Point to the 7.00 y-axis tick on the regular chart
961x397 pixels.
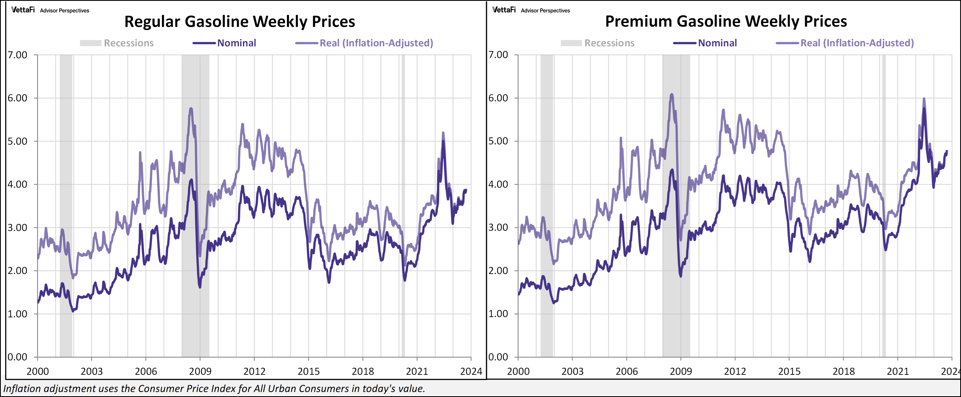pos(17,55)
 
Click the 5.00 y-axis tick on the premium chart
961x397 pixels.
pos(498,141)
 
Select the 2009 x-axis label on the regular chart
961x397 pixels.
pos(200,371)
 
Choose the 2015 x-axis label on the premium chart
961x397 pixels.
pos(789,371)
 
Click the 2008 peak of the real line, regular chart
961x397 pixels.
pos(191,109)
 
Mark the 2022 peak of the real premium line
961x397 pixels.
pos(924,99)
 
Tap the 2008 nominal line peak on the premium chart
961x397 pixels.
pos(672,170)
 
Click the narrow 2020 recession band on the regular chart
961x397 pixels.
pos(403,224)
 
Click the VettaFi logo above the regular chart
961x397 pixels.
pos(23,10)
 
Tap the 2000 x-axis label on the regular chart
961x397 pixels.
pos(38,371)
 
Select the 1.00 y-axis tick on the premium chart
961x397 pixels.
pos(498,314)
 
